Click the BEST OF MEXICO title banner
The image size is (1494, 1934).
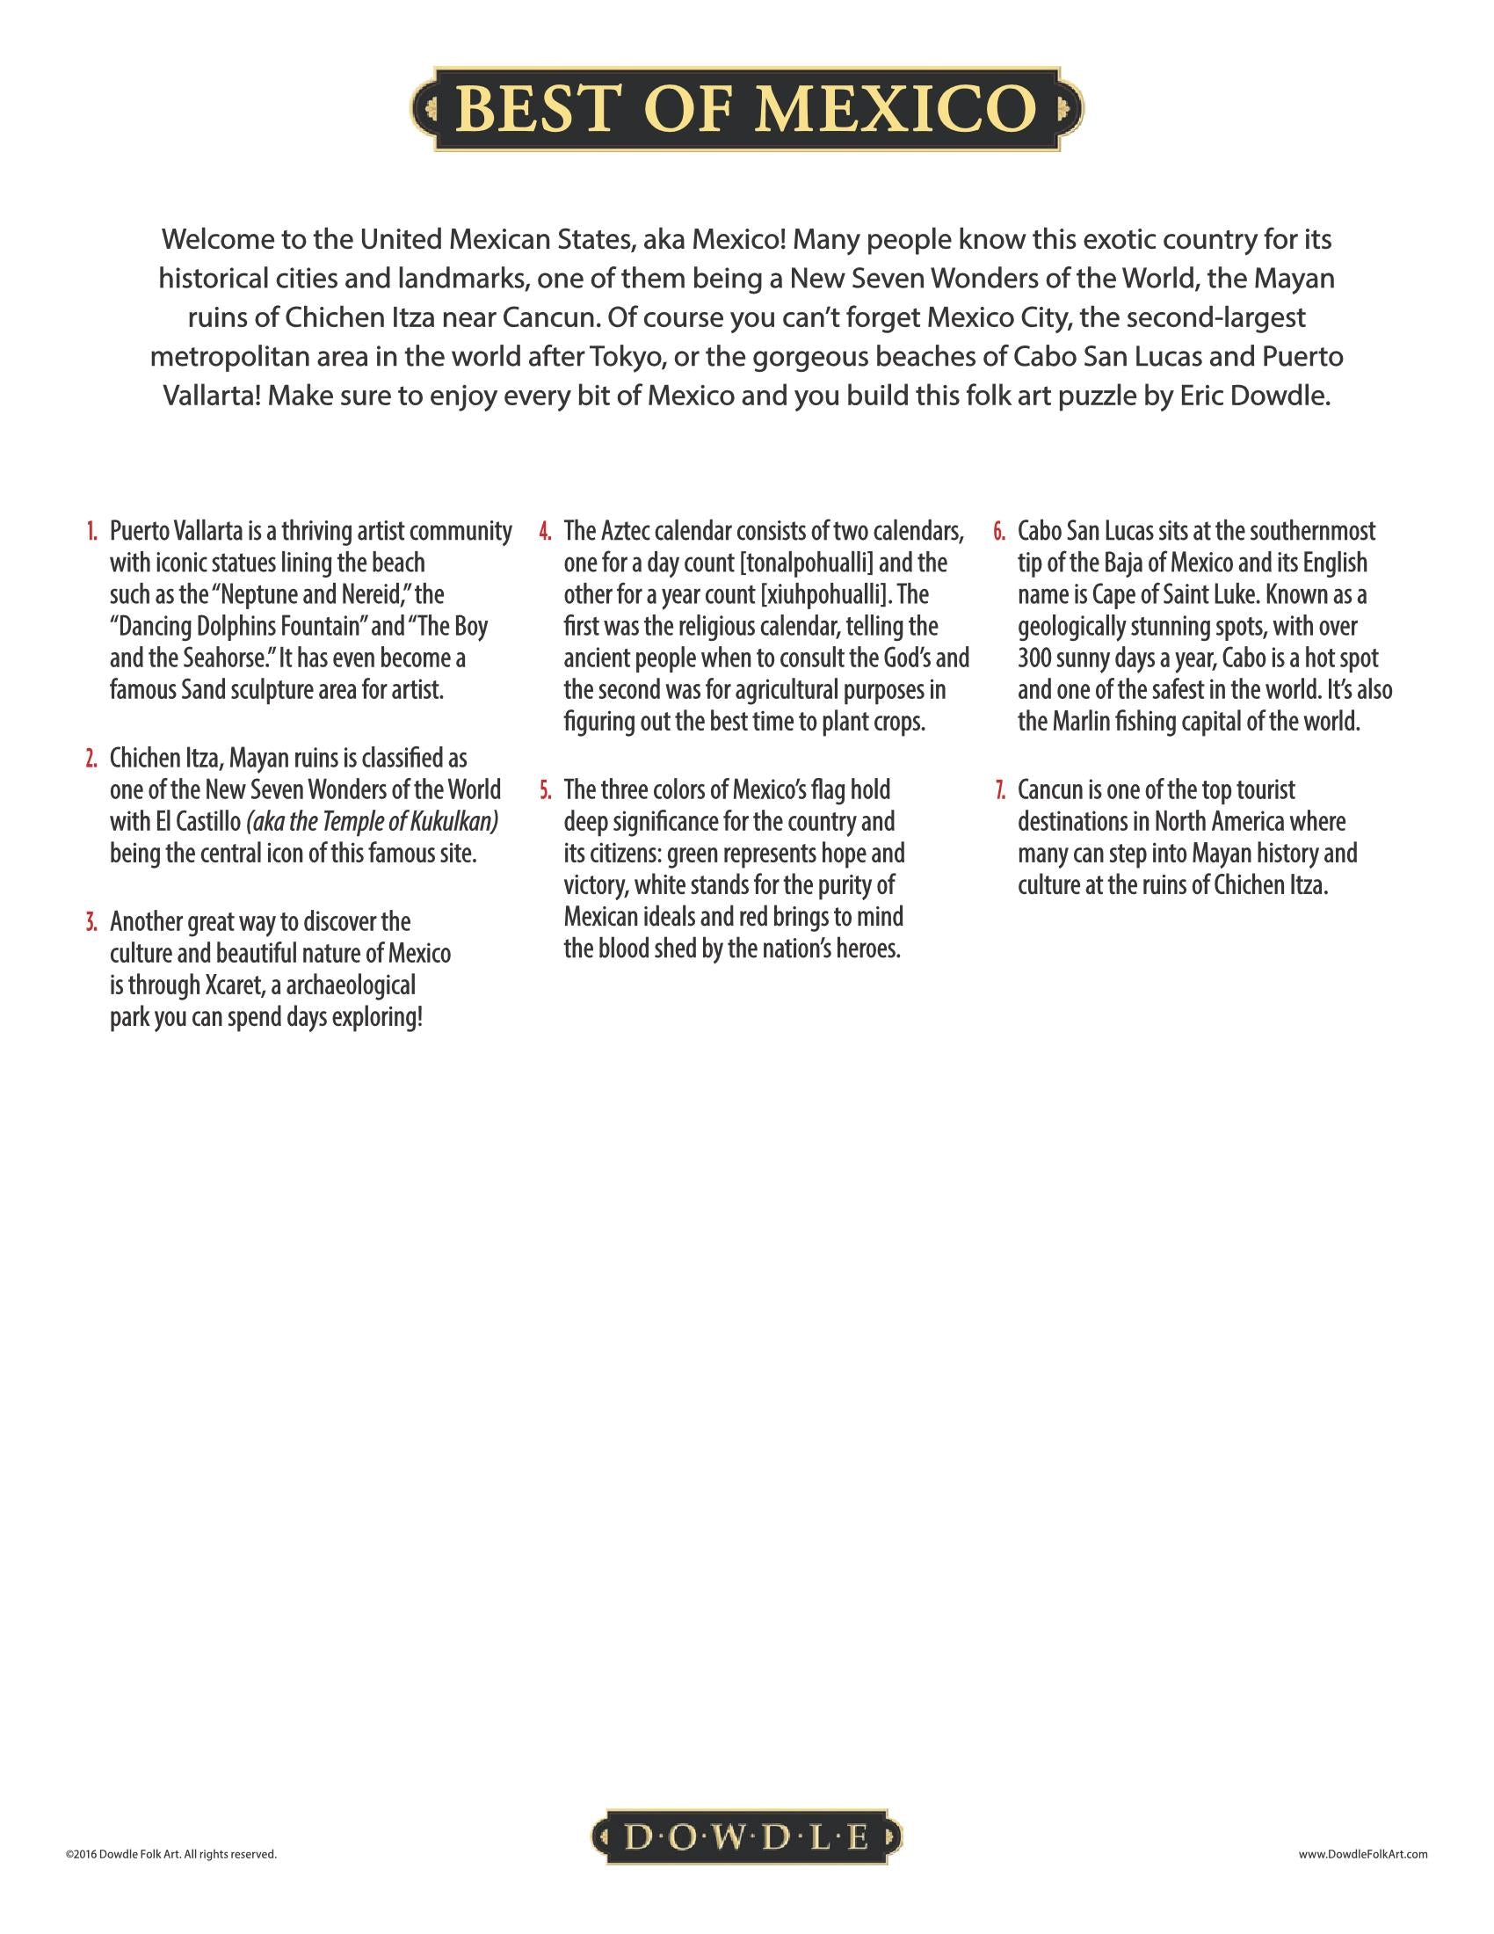[x=747, y=109]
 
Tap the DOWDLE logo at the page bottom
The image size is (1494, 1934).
[x=746, y=1837]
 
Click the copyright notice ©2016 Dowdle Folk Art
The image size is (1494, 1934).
[x=170, y=1854]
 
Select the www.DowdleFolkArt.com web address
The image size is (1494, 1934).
[x=1363, y=1854]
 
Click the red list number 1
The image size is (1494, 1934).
[x=92, y=532]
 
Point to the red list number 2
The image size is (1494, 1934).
[x=92, y=759]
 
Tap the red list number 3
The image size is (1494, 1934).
[x=92, y=923]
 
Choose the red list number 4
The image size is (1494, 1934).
[x=546, y=532]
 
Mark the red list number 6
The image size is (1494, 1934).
[x=999, y=532]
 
